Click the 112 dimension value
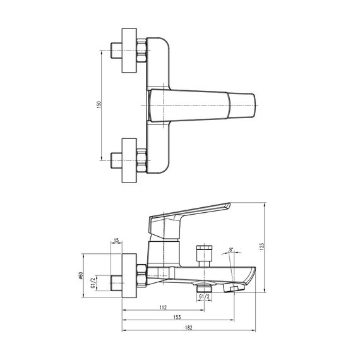pos(163,308)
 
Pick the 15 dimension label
pos(116,241)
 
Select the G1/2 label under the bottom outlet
pos(204,296)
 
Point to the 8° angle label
pos(232,251)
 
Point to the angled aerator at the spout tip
pos(235,288)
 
